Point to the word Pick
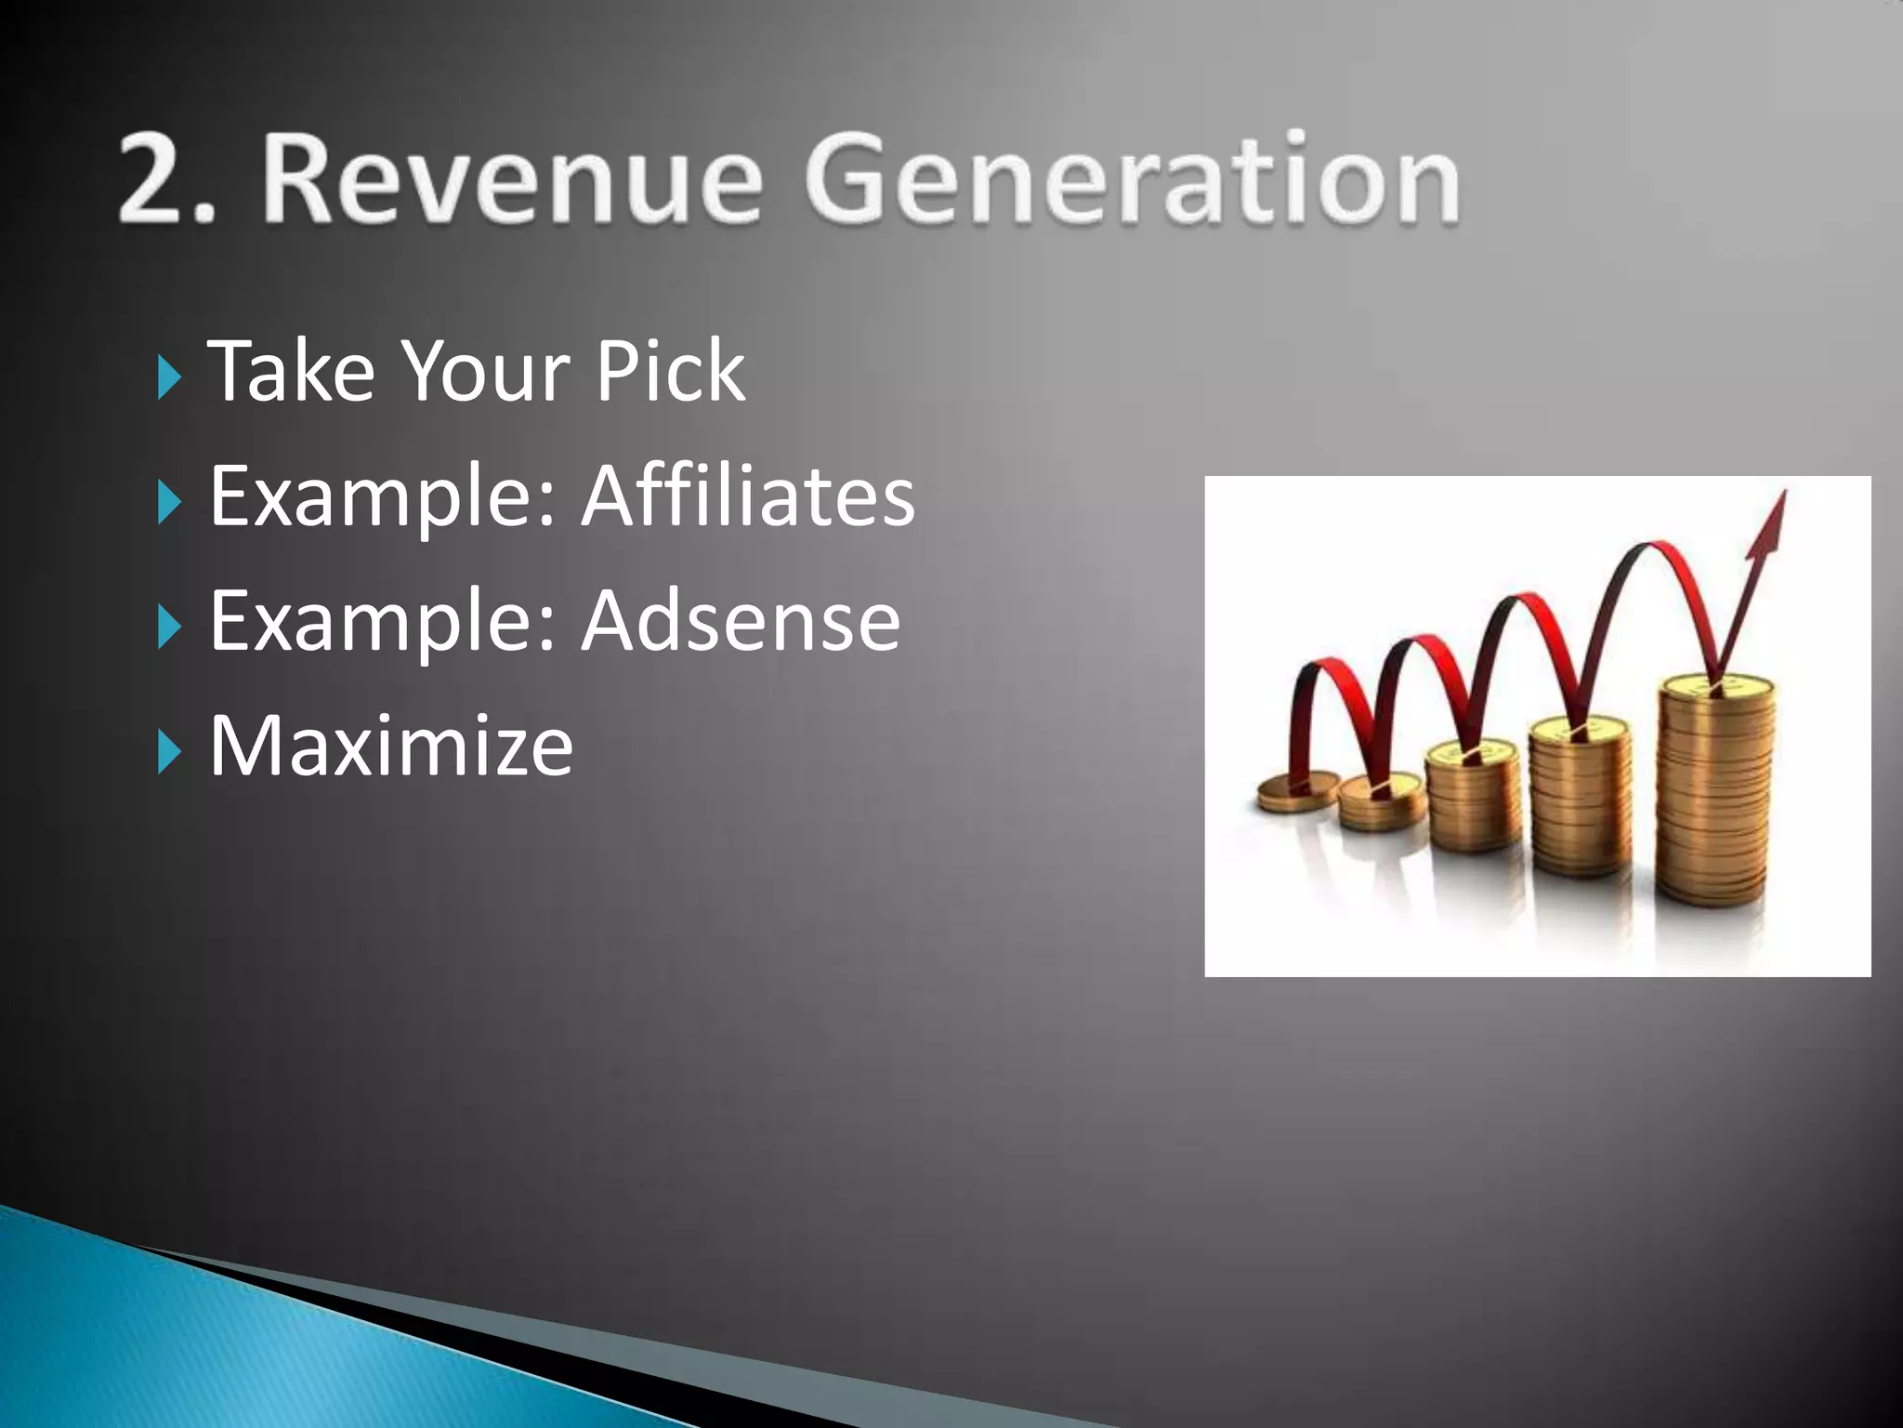pyautogui.click(x=670, y=371)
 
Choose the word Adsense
pyautogui.click(x=741, y=620)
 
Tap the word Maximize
pyautogui.click(x=391, y=745)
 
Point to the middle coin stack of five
pyautogui.click(x=1474, y=800)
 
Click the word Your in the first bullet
pyautogui.click(x=483, y=371)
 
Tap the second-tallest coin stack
pyautogui.click(x=1580, y=800)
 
